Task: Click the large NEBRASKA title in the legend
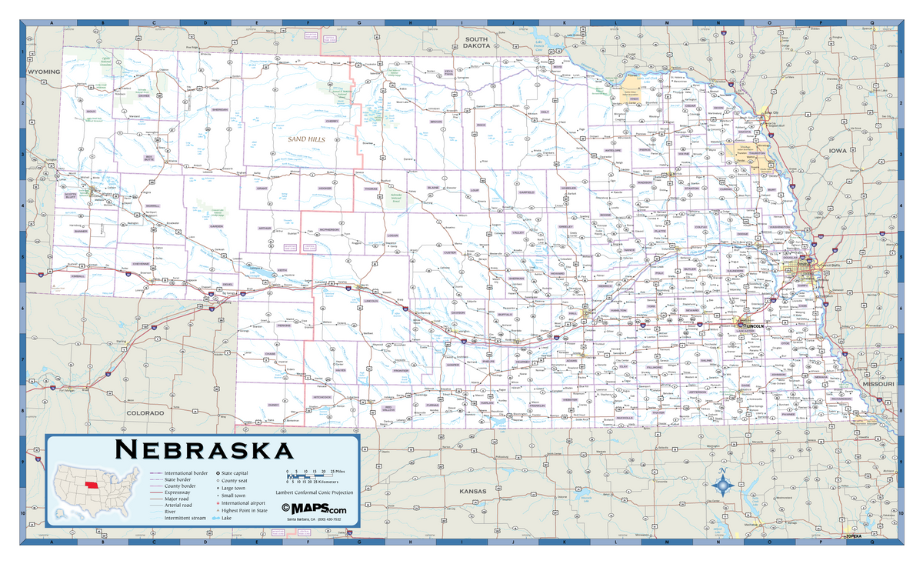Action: tap(203, 449)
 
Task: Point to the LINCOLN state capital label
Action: tap(755, 326)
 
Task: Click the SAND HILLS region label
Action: tap(307, 139)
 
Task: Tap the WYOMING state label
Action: tap(43, 72)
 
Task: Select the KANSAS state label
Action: tap(474, 490)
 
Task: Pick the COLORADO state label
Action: tap(145, 413)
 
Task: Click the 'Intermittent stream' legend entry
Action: tap(185, 518)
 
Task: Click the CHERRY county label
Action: tap(332, 121)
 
